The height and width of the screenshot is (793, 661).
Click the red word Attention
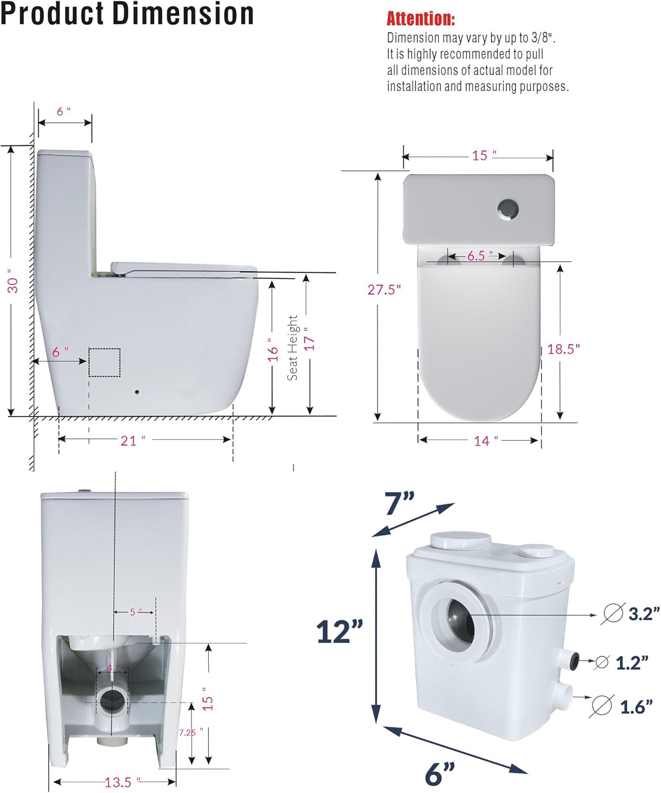click(x=420, y=19)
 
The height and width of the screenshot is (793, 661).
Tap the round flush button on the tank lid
click(x=508, y=209)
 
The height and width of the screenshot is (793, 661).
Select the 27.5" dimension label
click(x=384, y=290)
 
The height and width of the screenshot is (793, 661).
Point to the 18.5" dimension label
click(x=563, y=349)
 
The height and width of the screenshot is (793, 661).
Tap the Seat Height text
click(x=292, y=347)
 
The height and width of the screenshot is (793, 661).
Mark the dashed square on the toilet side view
click(x=104, y=363)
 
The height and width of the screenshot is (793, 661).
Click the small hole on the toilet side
click(x=137, y=392)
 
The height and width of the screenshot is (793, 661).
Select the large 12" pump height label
click(x=339, y=631)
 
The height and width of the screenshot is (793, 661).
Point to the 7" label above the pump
click(x=400, y=503)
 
